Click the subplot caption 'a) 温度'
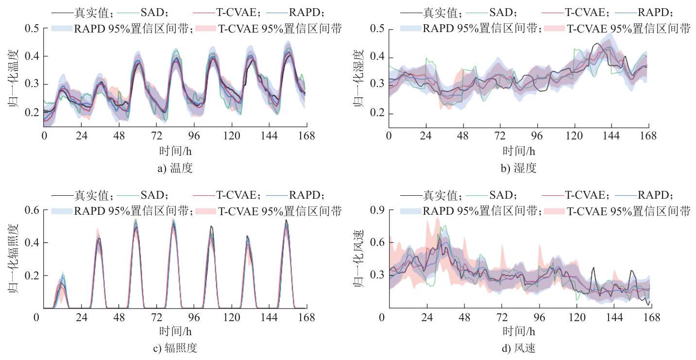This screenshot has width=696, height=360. click(175, 168)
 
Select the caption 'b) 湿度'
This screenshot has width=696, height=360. click(519, 168)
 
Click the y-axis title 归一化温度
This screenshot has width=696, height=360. click(13, 79)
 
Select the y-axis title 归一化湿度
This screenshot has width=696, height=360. click(358, 79)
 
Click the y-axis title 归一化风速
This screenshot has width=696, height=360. click(358, 259)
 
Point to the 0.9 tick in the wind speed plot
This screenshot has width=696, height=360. click(378, 210)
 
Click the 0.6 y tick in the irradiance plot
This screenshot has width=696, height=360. click(33, 210)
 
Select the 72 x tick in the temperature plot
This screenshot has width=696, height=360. click(156, 136)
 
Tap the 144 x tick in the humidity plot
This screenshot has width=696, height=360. click(611, 136)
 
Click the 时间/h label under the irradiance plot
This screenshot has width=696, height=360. click(175, 331)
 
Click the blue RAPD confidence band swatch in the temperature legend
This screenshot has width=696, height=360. click(62, 29)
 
